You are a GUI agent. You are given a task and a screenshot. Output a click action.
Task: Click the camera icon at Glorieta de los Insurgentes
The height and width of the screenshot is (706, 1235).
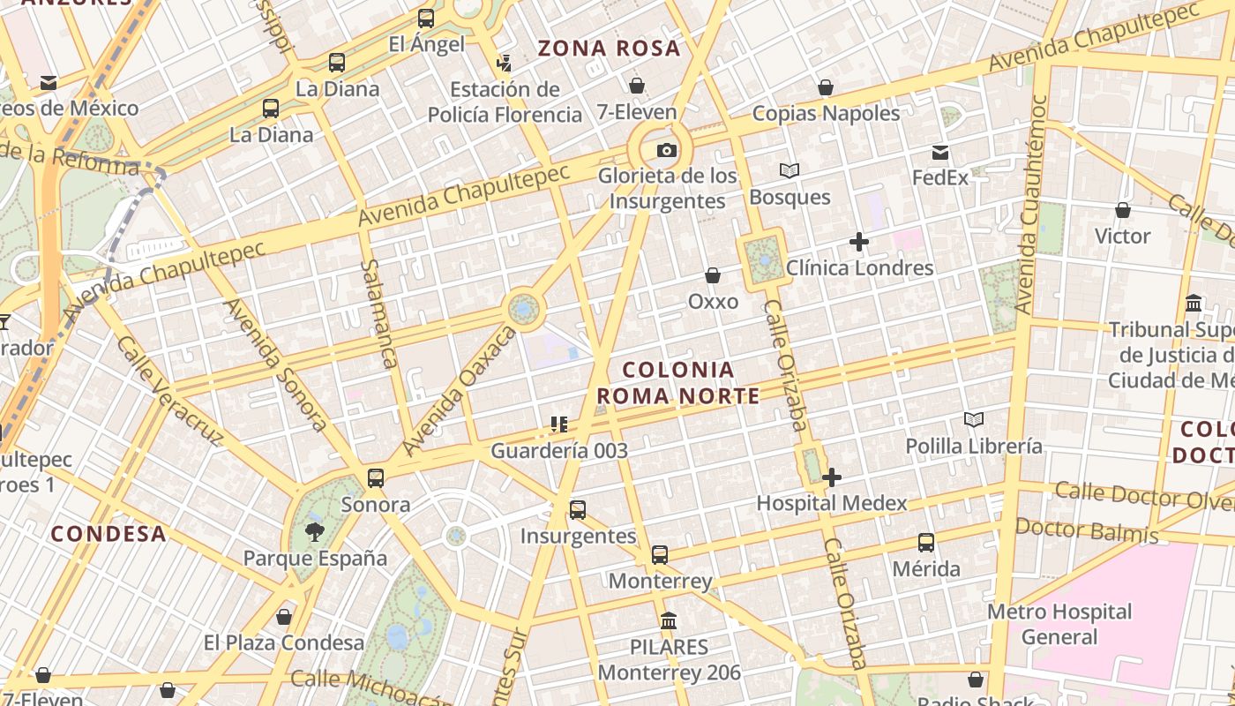(667, 151)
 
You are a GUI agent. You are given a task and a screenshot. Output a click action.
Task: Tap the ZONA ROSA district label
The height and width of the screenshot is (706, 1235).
(610, 49)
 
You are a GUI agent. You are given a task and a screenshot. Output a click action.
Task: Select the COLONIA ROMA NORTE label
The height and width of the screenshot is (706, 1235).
(691, 383)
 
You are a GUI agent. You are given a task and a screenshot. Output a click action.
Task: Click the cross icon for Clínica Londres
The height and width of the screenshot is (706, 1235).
(859, 242)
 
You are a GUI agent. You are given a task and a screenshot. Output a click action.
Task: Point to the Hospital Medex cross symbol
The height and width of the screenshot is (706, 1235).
(831, 478)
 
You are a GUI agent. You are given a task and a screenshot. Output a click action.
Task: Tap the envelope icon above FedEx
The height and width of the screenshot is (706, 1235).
(940, 153)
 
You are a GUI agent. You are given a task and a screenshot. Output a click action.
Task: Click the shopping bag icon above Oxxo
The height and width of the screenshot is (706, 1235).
(713, 276)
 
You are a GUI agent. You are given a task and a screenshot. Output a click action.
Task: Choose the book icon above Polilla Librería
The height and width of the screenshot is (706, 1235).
(974, 420)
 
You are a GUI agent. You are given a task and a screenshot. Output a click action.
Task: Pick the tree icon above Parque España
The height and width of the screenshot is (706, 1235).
(315, 532)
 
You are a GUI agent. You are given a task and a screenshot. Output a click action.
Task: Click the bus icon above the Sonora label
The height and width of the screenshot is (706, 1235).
(376, 478)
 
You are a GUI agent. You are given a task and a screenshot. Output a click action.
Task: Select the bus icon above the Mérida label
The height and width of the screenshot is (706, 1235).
(926, 543)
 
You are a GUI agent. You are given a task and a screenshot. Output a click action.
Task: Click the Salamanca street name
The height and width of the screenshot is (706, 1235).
(379, 313)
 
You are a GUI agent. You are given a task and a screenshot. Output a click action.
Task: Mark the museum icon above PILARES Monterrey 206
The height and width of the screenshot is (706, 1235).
(669, 621)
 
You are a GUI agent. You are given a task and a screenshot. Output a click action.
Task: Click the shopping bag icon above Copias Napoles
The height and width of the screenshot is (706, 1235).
(826, 87)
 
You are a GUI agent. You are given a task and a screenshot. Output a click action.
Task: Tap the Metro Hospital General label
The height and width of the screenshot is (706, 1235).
(1059, 624)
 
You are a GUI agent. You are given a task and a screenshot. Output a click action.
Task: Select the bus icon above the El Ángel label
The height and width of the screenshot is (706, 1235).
(426, 19)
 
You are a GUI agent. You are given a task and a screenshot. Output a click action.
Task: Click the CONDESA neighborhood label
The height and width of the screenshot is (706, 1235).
(109, 534)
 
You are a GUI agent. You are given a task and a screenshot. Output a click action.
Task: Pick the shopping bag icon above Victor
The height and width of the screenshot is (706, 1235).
(1123, 210)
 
